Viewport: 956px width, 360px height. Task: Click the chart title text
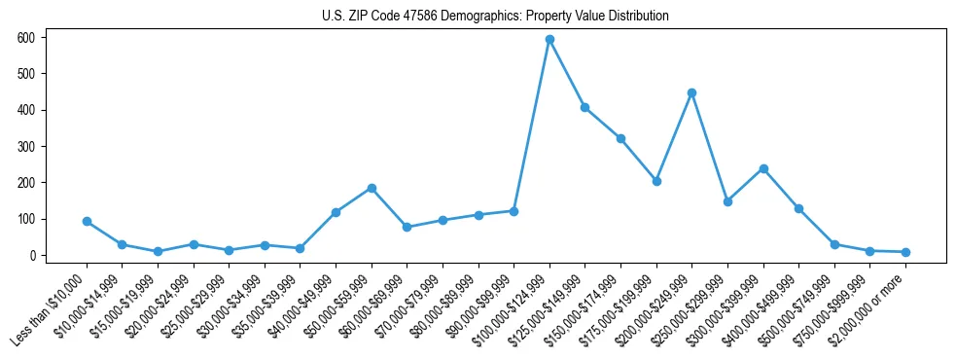pos(495,17)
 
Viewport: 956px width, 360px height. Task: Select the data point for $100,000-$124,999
pos(549,40)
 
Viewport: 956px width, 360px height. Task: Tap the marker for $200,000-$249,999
pos(691,93)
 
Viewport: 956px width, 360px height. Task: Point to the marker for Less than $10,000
pos(87,222)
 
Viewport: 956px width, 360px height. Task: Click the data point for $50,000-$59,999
pos(371,188)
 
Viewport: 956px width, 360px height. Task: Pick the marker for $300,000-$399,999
pos(763,168)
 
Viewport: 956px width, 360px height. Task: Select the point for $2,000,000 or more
pos(905,252)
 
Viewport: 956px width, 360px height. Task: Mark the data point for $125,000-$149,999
pos(584,107)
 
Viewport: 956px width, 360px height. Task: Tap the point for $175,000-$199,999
pos(656,181)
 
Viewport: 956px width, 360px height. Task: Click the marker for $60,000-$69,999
pos(407,228)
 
